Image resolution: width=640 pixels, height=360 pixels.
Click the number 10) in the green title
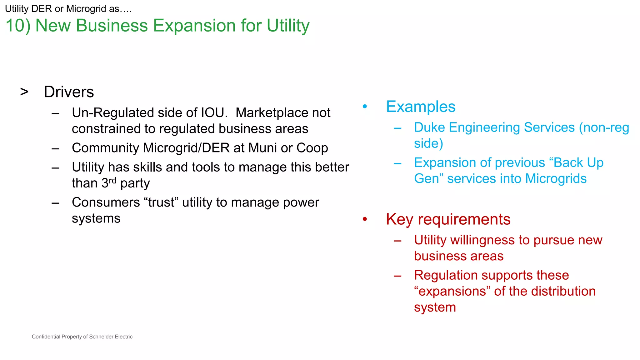[x=18, y=26]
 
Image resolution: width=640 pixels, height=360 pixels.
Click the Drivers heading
[x=69, y=92]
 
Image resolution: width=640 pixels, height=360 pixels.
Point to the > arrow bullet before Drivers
[x=24, y=92]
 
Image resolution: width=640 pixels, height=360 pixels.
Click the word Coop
[x=312, y=148]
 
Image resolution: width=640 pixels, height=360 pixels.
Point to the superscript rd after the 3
[x=112, y=181]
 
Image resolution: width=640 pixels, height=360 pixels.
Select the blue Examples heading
[x=421, y=107]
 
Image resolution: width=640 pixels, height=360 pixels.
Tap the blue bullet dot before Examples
[x=365, y=107]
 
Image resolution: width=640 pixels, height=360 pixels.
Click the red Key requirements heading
[x=448, y=219]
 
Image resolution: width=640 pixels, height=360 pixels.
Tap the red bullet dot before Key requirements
[x=365, y=219]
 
